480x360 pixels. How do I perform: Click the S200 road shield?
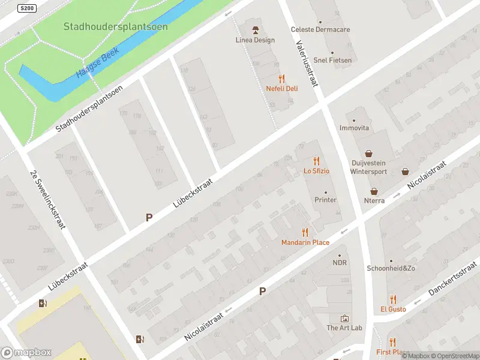pyautogui.click(x=26, y=8)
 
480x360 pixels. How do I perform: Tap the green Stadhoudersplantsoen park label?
pyautogui.click(x=116, y=27)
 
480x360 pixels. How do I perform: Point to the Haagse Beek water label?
pyautogui.click(x=98, y=62)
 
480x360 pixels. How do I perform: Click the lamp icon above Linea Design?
pyautogui.click(x=255, y=30)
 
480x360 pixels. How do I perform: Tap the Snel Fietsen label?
pyautogui.click(x=332, y=60)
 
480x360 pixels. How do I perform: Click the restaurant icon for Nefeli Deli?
pyautogui.click(x=282, y=79)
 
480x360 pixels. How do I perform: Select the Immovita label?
pyautogui.click(x=354, y=128)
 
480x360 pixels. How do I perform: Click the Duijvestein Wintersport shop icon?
pyautogui.click(x=368, y=153)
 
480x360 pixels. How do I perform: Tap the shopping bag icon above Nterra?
pyautogui.click(x=374, y=191)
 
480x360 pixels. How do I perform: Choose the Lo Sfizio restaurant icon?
pyautogui.click(x=316, y=161)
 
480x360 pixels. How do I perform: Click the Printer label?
pyautogui.click(x=326, y=200)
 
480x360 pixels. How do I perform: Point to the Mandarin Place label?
pyautogui.click(x=305, y=242)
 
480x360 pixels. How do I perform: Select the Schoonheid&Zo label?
pyautogui.click(x=391, y=268)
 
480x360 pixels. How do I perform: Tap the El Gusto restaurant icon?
pyautogui.click(x=393, y=299)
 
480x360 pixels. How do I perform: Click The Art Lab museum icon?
pyautogui.click(x=344, y=318)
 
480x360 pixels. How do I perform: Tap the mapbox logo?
pyautogui.click(x=26, y=353)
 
